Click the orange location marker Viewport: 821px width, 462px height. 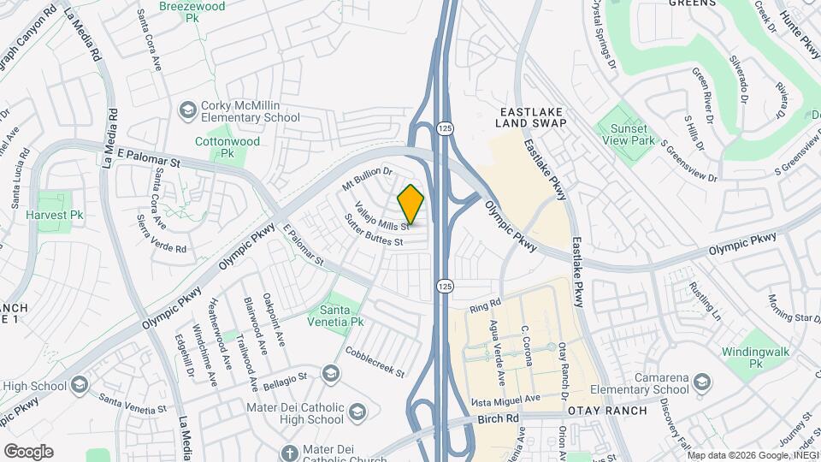[410, 204]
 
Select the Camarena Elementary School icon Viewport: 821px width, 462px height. [702, 381]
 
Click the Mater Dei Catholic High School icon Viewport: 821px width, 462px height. [357, 413]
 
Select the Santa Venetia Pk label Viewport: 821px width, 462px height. [341, 315]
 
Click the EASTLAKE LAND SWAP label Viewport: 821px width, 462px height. [532, 117]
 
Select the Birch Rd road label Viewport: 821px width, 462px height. [500, 418]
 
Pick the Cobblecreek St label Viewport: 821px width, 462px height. [375, 362]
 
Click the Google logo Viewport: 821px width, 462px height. [28, 451]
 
